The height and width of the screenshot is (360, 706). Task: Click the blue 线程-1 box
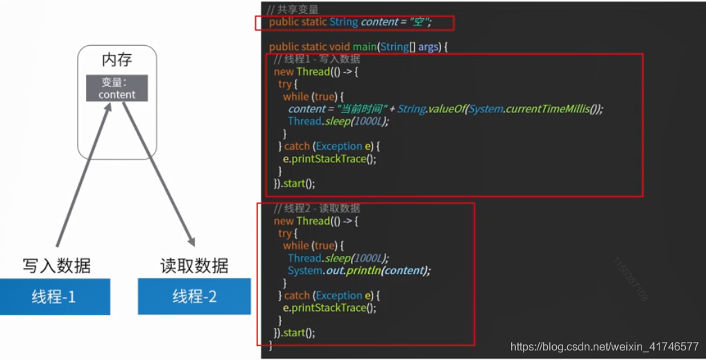[x=54, y=297]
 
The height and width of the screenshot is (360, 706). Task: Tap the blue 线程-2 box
[x=194, y=297]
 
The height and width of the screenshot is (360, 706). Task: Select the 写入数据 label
[x=56, y=266]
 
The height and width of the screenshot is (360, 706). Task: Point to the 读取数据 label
[x=194, y=266]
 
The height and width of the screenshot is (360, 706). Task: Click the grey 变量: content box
[x=117, y=88]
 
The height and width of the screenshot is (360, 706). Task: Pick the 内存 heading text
[x=117, y=60]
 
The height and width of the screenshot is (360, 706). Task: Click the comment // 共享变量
[x=293, y=9]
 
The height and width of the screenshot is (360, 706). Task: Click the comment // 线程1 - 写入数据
[x=317, y=59]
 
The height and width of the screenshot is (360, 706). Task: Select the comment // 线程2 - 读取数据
[x=317, y=208]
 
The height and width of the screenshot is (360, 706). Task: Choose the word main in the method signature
[x=363, y=46]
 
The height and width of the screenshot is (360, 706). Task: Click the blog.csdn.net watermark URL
[x=604, y=346]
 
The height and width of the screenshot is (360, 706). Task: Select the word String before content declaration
[x=344, y=22]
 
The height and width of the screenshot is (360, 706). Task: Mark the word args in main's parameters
[x=428, y=46]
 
